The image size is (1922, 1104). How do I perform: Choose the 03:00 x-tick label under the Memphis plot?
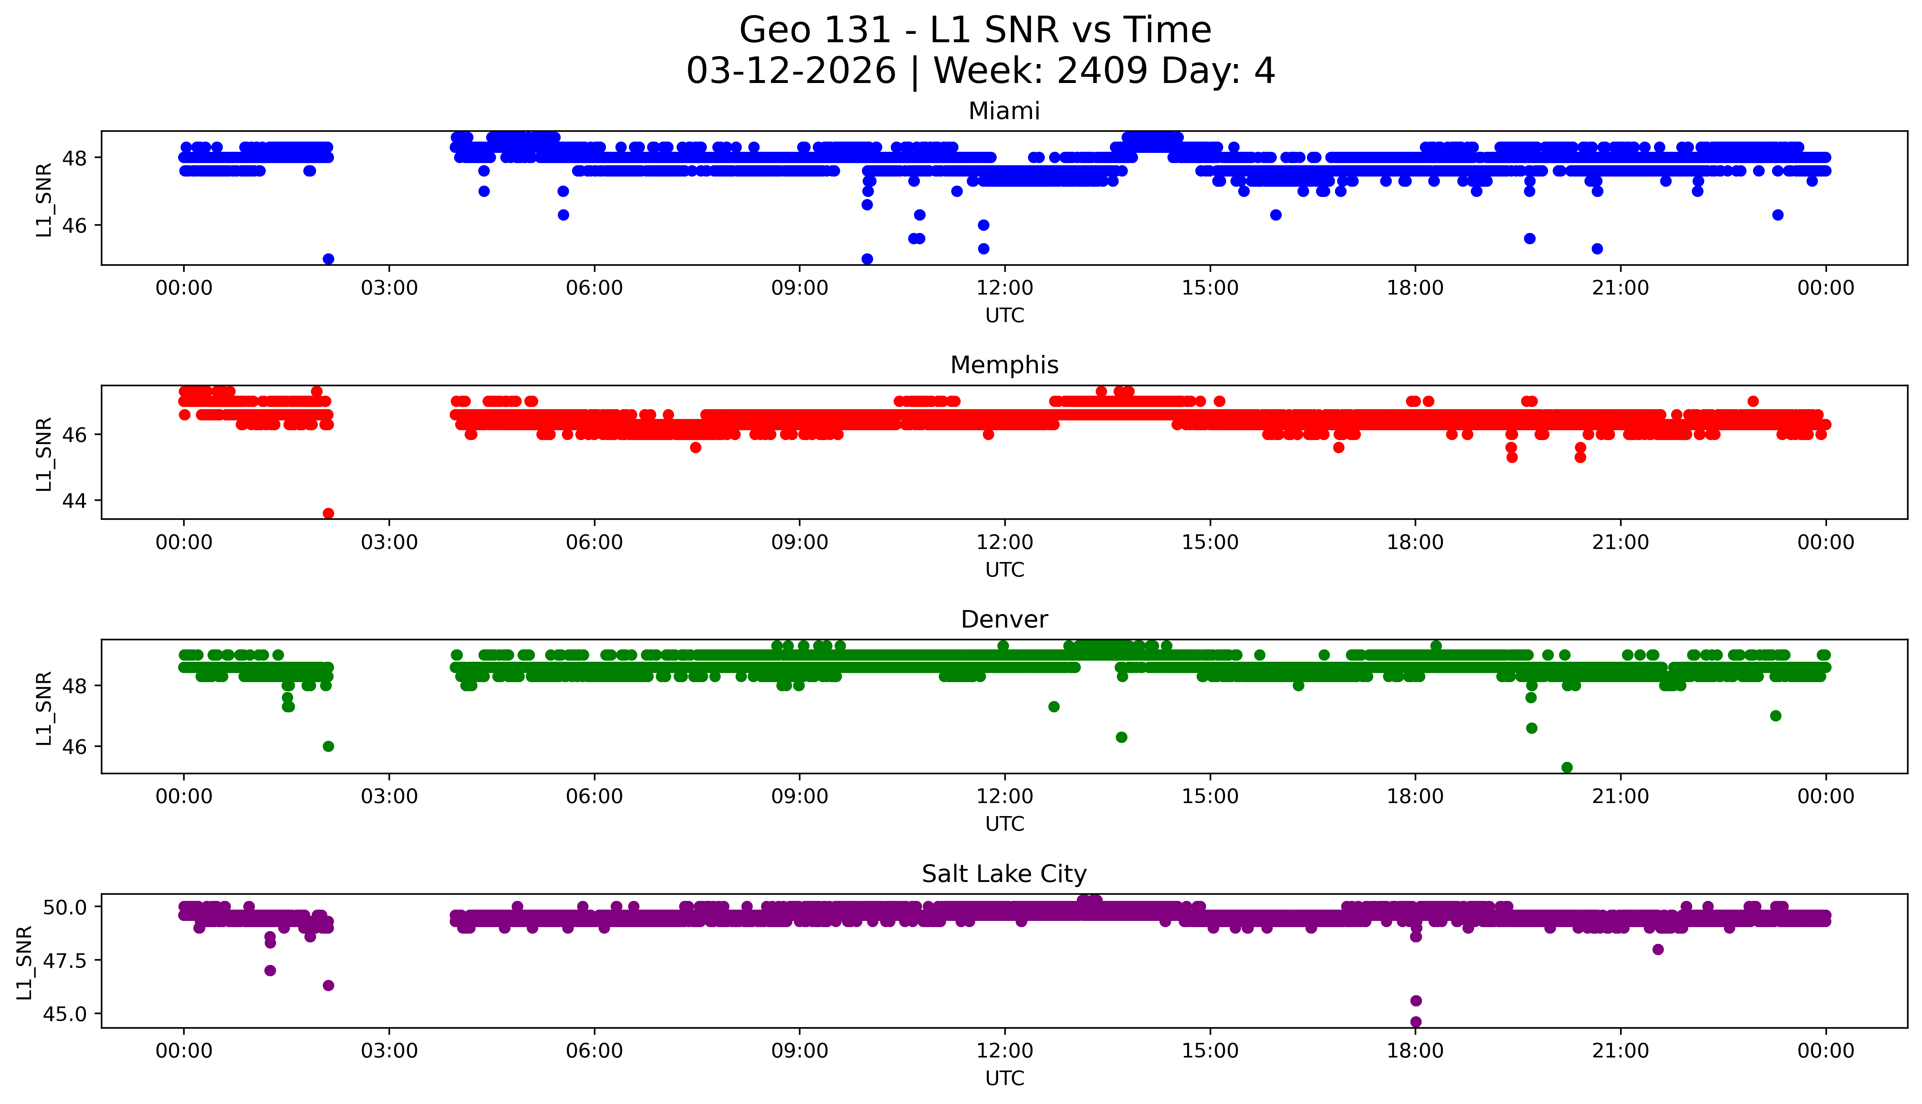tap(389, 542)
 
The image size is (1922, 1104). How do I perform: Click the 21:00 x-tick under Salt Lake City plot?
tap(1620, 1051)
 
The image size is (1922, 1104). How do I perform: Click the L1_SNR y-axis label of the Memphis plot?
tap(44, 454)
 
